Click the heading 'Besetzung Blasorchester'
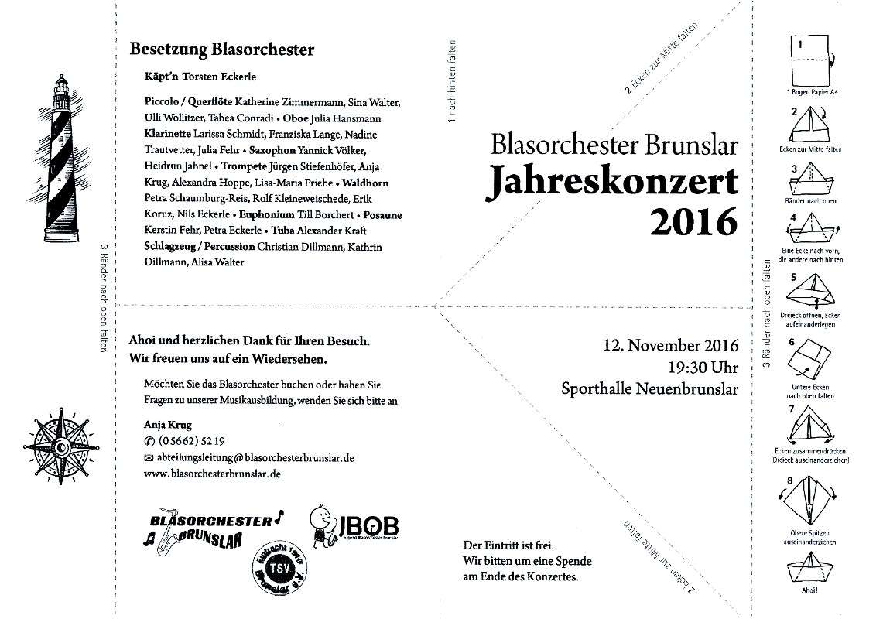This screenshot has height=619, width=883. (x=222, y=50)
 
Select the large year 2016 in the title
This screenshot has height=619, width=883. (x=693, y=222)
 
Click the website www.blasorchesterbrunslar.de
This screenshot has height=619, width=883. (x=212, y=473)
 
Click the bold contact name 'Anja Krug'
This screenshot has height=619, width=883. (x=168, y=425)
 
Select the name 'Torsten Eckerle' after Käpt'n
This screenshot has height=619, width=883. (x=219, y=77)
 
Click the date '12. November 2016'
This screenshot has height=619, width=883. (x=672, y=345)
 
